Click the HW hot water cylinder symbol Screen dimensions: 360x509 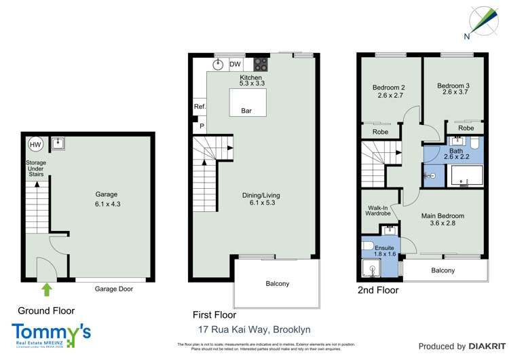pos(35,144)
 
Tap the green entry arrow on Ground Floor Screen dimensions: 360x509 pos(46,290)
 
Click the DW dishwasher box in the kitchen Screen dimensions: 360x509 pos(235,65)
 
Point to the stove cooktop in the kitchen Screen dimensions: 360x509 pos(261,65)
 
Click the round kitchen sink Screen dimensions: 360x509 pos(219,65)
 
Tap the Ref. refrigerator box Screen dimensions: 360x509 pos(200,107)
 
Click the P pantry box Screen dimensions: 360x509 pos(201,126)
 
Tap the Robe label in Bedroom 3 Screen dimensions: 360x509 pos(466,128)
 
